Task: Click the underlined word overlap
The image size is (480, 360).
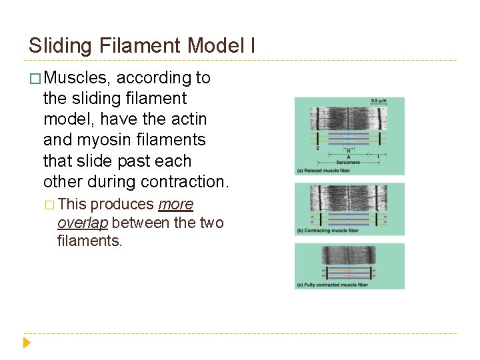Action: (x=83, y=223)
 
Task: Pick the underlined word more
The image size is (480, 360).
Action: (x=176, y=204)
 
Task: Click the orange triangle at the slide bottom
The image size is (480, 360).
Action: (x=27, y=343)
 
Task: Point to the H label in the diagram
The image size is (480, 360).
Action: (x=348, y=151)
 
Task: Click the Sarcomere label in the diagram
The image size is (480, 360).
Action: (x=348, y=162)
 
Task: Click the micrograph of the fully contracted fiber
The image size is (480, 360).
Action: (x=349, y=256)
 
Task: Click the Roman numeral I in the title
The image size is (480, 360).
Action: (x=253, y=45)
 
